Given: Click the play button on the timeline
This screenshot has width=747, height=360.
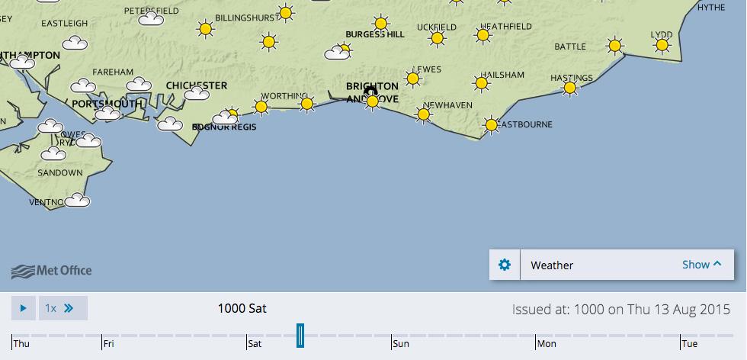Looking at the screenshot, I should tap(23, 308).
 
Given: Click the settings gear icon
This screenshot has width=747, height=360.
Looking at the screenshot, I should tap(504, 265).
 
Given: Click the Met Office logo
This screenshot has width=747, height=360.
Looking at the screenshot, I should tap(52, 271).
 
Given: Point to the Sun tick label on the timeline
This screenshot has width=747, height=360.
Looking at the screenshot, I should tap(400, 344).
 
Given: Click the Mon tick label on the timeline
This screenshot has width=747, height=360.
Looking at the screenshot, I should tap(547, 344).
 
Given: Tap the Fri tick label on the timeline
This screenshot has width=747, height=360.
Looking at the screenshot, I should tap(108, 344).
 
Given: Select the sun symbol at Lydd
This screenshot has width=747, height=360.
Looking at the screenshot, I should tap(662, 46).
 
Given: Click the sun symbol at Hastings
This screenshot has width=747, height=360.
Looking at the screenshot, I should tap(569, 88).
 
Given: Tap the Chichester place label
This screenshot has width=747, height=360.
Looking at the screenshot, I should tap(196, 85).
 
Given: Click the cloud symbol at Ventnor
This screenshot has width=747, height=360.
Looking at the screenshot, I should tap(77, 201).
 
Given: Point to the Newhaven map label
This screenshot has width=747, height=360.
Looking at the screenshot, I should tap(447, 104).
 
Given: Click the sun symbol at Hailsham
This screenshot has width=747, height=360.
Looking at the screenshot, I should tap(481, 83).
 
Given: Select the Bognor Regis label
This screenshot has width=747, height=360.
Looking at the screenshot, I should tap(223, 127).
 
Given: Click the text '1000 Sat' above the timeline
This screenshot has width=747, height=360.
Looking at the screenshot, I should tap(242, 308).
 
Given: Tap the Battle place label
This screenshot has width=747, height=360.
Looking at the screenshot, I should tap(570, 47).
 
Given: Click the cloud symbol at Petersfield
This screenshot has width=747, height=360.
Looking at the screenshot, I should tap(151, 18).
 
